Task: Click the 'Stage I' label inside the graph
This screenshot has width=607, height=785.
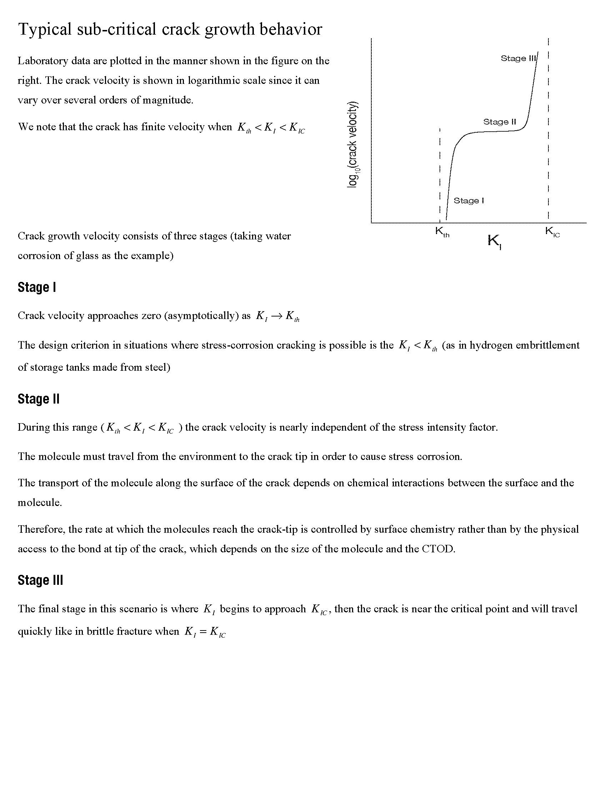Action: [x=468, y=201]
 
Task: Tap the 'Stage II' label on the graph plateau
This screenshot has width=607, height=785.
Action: [x=500, y=122]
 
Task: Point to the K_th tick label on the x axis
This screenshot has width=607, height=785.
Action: [x=442, y=232]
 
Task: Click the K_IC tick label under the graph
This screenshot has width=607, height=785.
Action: [x=552, y=232]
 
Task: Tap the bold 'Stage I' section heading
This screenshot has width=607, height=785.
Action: [x=37, y=288]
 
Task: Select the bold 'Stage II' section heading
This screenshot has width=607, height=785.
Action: [x=39, y=399]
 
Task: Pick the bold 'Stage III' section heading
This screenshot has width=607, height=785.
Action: [x=40, y=581]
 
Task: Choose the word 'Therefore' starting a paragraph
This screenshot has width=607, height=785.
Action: [x=41, y=530]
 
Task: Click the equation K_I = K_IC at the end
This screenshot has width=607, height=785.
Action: [x=205, y=632]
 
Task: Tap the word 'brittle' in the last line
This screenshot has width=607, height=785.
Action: [x=99, y=632]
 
